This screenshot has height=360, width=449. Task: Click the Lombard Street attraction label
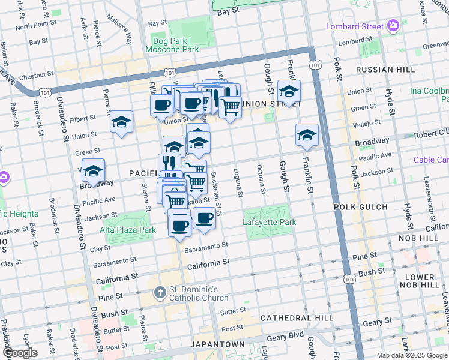354,26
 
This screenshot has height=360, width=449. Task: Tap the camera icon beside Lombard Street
393,25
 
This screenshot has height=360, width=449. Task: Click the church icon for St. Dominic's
160,293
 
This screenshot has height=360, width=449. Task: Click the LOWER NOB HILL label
424,280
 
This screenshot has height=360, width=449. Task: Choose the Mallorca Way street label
119,31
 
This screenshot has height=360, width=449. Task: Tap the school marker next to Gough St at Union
289,92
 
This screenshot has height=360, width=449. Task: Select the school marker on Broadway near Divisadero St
93,171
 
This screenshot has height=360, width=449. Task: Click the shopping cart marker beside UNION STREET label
230,107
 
